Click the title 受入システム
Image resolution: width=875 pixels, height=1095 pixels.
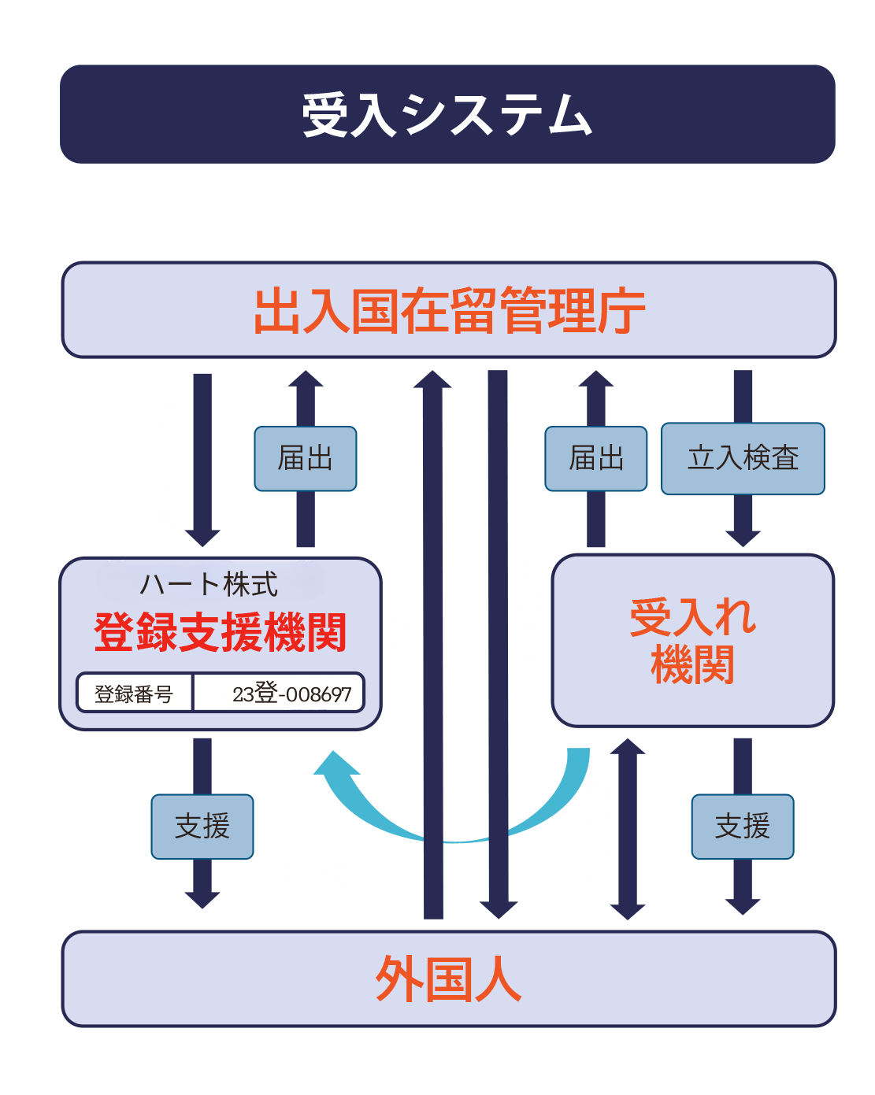[447, 115]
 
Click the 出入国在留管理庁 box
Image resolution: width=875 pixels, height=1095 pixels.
[448, 310]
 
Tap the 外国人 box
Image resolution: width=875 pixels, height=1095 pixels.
[448, 978]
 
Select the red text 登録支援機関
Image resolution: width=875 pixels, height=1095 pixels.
[221, 632]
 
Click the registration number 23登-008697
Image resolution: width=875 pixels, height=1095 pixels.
[291, 694]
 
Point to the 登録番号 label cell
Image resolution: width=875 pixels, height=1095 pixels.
[134, 694]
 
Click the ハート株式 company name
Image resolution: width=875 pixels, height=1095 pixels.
[209, 584]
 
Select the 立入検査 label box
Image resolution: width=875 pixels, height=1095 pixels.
[743, 458]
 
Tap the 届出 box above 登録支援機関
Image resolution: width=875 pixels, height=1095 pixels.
[306, 458]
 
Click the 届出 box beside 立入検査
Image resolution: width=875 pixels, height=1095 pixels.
[596, 458]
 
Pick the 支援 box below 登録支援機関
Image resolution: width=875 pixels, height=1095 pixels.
[202, 826]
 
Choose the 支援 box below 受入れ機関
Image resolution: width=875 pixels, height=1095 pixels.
[743, 826]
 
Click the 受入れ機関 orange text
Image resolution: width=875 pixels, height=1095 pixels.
[692, 639]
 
